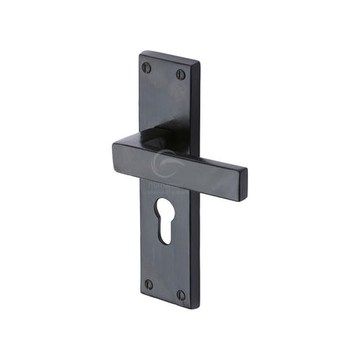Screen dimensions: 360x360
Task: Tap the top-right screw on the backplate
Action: tap(181, 75)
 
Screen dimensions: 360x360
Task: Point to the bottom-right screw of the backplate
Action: tap(181, 295)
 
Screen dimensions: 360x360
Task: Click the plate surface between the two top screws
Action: tap(164, 71)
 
